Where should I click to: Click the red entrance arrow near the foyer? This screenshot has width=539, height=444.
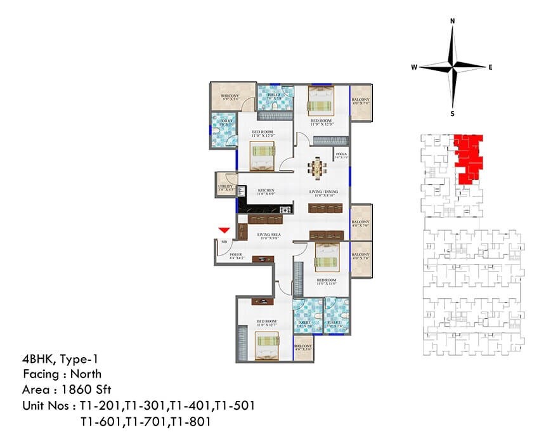point(223,231)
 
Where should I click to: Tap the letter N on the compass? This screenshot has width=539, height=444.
point(452,21)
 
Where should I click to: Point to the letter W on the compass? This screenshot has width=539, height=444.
point(413,66)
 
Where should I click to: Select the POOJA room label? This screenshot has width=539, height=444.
point(341,153)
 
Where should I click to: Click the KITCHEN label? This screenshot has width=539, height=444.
point(266,190)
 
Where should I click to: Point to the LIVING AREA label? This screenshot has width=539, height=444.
point(269,235)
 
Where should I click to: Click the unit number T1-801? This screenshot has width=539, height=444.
point(191,420)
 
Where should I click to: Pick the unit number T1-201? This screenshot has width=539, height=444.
point(100,404)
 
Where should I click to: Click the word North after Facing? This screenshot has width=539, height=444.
point(84,374)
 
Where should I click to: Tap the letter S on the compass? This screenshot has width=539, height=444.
point(452,114)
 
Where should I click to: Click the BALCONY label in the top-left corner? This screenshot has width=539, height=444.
point(229,96)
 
